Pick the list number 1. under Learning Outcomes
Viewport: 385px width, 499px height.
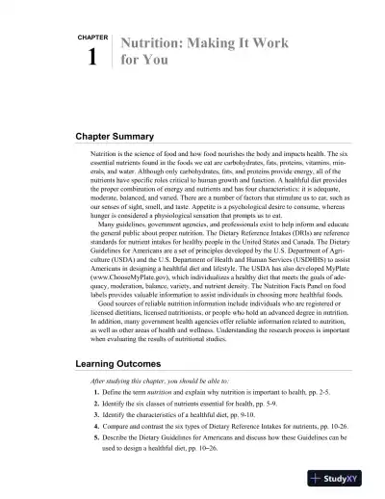pos(98,395)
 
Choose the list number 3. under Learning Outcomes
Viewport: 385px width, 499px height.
pos(98,422)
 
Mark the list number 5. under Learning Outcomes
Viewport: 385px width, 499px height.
pos(98,449)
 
